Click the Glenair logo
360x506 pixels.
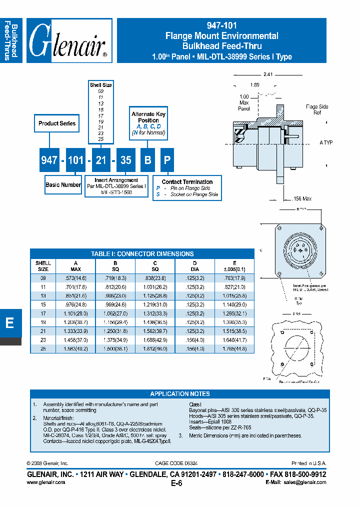[x=68, y=41]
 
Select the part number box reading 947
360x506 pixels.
[x=49, y=160]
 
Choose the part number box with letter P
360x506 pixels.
[x=167, y=160]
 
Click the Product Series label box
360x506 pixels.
[x=57, y=123]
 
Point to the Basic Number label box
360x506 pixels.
[x=63, y=184]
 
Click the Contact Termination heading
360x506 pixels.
[x=187, y=182]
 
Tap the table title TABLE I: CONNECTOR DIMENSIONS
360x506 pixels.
[x=142, y=253]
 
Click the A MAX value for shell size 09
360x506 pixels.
[x=74, y=277]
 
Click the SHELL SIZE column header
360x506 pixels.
[x=43, y=266]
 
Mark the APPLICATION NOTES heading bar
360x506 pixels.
[x=180, y=393]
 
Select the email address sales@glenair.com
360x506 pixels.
[x=306, y=482]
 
